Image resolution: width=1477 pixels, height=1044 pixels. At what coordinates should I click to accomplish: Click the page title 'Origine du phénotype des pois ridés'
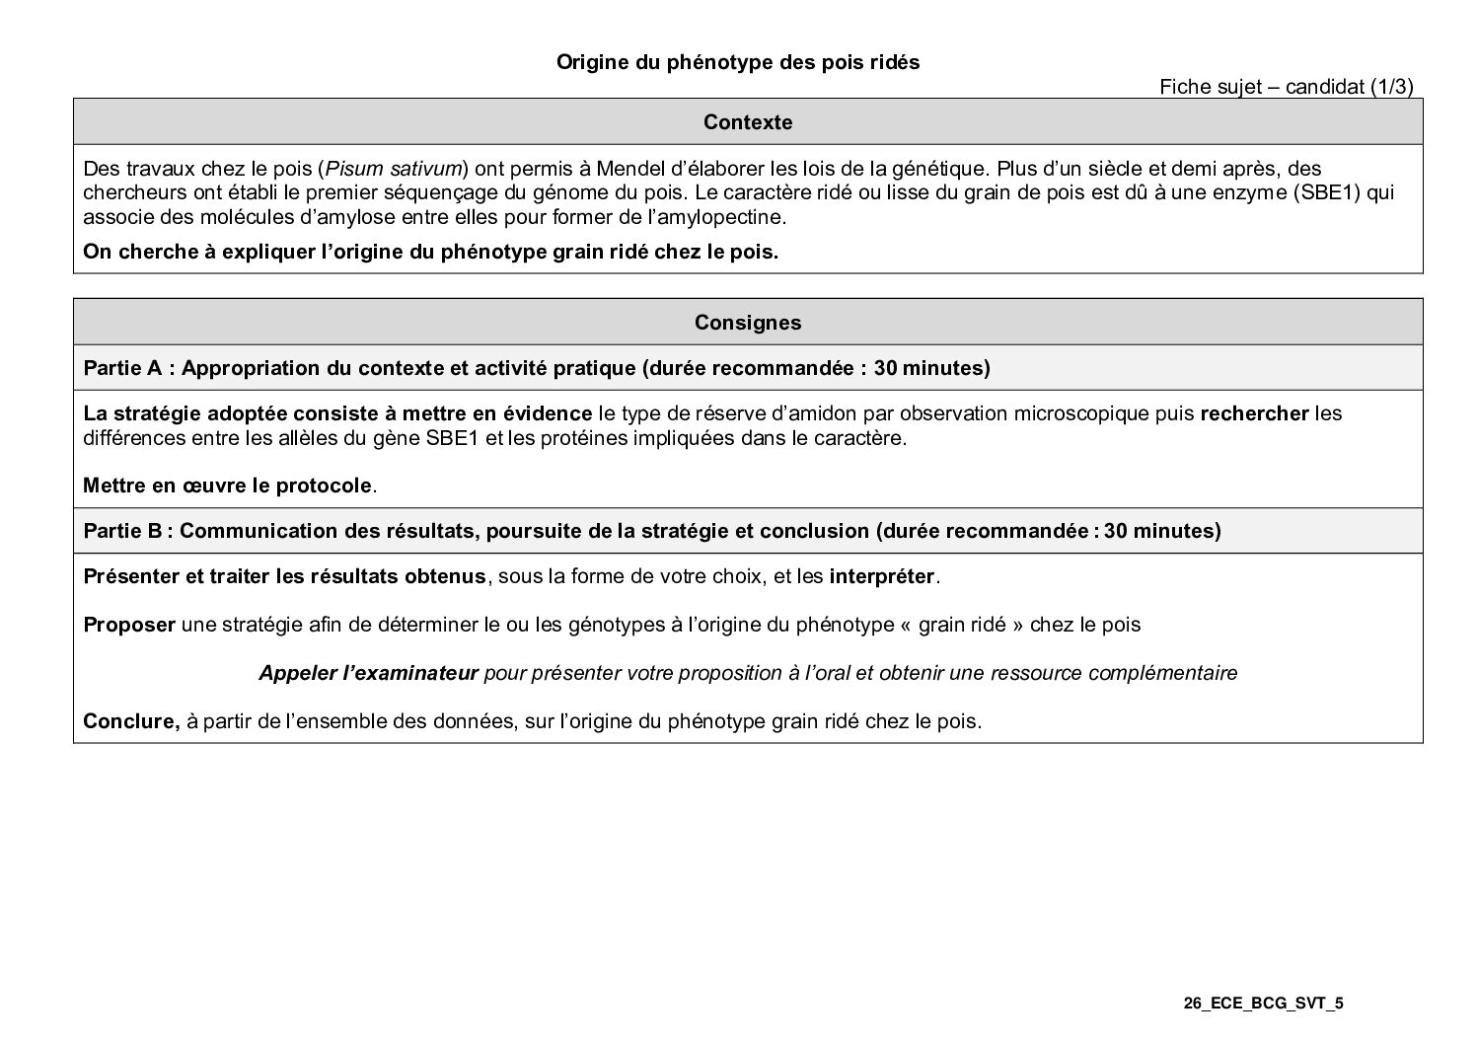(x=737, y=62)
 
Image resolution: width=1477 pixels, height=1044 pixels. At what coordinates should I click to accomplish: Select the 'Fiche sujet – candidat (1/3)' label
(x=1286, y=87)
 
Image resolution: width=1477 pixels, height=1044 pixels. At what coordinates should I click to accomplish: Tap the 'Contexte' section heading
(x=747, y=122)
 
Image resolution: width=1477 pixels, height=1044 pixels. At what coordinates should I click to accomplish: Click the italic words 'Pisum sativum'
(x=393, y=168)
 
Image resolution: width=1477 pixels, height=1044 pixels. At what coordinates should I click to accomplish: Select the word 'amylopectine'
(x=725, y=217)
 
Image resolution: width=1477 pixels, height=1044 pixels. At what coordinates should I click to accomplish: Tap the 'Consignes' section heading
(x=747, y=323)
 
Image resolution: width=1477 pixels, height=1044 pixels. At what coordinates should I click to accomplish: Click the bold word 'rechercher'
(x=1254, y=413)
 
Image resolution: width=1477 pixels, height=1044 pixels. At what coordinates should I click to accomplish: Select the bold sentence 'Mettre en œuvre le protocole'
(x=228, y=485)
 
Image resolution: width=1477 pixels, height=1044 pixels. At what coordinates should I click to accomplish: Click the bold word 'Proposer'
(x=128, y=625)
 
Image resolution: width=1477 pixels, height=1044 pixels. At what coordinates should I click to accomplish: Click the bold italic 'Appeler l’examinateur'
(x=368, y=673)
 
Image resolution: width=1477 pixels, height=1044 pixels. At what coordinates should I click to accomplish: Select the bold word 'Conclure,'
(x=131, y=721)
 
